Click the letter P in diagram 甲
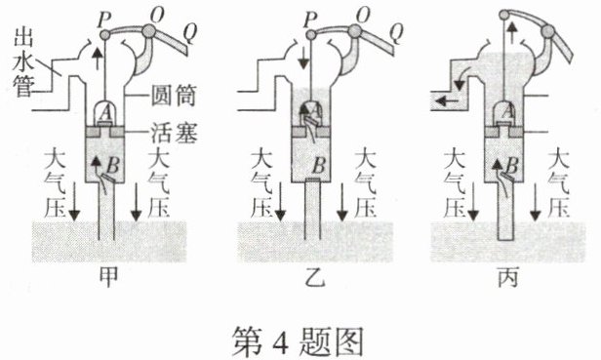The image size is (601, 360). [104, 20]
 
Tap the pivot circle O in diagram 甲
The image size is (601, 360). [148, 30]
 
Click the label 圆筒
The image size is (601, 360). [174, 95]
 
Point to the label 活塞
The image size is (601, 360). [174, 133]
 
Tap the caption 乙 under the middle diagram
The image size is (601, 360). [315, 277]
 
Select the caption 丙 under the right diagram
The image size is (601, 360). [508, 277]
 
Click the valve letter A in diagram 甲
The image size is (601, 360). [105, 113]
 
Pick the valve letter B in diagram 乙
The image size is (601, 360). [319, 166]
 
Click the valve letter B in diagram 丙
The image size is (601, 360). [512, 166]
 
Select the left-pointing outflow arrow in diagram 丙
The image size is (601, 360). [447, 101]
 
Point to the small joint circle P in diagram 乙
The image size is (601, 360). [311, 35]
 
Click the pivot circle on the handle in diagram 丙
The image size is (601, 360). [548, 31]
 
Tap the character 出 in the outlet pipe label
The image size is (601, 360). [23, 36]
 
